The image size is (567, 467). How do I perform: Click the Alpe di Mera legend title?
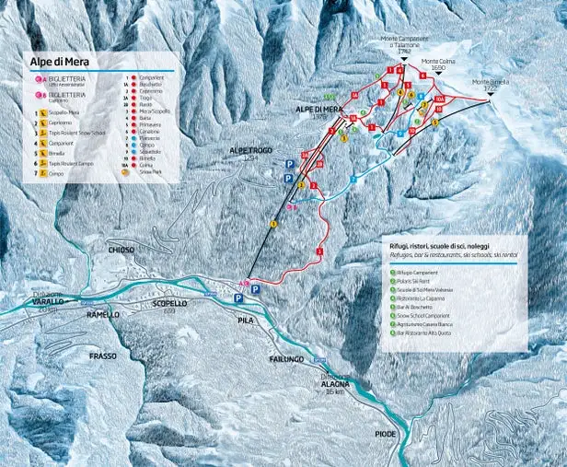pyautogui.click(x=61, y=63)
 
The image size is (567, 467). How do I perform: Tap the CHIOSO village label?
pyautogui.click(x=121, y=250)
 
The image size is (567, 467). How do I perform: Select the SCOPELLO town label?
pyautogui.click(x=169, y=302)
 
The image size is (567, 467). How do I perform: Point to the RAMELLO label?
pyautogui.click(x=102, y=315)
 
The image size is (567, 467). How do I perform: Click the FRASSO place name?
pyautogui.click(x=102, y=356)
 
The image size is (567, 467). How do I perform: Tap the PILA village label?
pyautogui.click(x=245, y=321)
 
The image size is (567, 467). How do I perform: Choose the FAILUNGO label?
pyautogui.click(x=287, y=358)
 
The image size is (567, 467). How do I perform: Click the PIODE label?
pyautogui.click(x=385, y=433)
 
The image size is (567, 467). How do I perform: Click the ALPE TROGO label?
pyautogui.click(x=253, y=149)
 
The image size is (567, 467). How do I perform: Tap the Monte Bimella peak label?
pyautogui.click(x=492, y=83)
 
